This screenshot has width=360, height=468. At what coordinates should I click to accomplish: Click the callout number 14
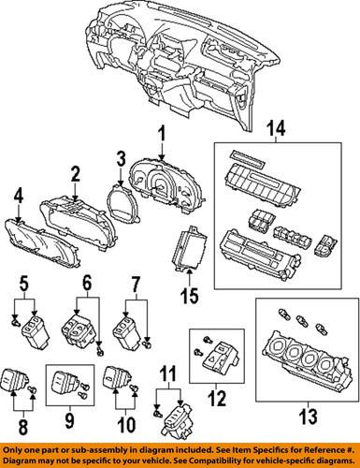(x=277, y=128)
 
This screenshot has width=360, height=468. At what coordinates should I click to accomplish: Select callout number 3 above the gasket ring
(x=121, y=158)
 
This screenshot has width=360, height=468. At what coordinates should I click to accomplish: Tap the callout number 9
(x=69, y=419)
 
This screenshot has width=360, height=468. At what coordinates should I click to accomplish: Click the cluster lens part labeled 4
(x=42, y=243)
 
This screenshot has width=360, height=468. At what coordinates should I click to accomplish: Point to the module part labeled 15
(x=189, y=249)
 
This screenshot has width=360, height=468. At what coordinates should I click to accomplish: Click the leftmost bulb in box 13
(x=284, y=313)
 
